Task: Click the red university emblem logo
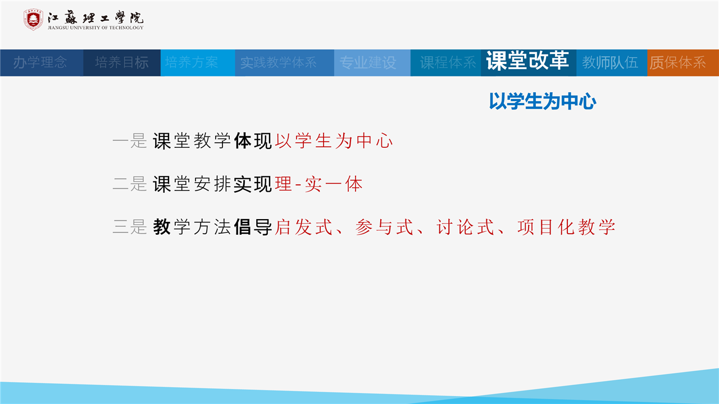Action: point(33,20)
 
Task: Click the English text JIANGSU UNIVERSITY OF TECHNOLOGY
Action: point(95,28)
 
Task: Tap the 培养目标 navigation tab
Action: point(122,62)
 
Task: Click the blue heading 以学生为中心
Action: point(543,102)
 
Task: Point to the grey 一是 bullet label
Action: point(130,141)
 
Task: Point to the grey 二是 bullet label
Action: point(130,184)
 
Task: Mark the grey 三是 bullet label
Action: point(130,227)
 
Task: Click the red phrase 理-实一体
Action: point(318,184)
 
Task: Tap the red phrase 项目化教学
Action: point(566,227)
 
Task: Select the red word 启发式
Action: point(304,227)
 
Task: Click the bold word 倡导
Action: point(253,227)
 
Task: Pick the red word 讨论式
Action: point(465,227)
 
